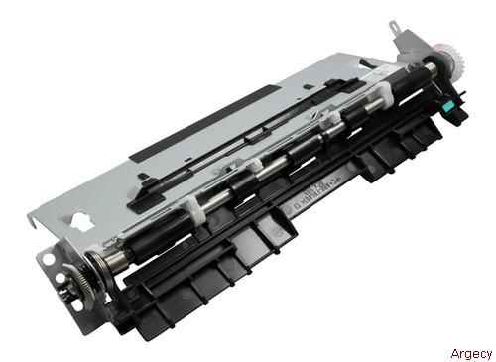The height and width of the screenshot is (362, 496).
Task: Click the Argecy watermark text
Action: click(x=471, y=353)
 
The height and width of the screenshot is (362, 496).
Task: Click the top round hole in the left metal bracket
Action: click(x=49, y=260)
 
